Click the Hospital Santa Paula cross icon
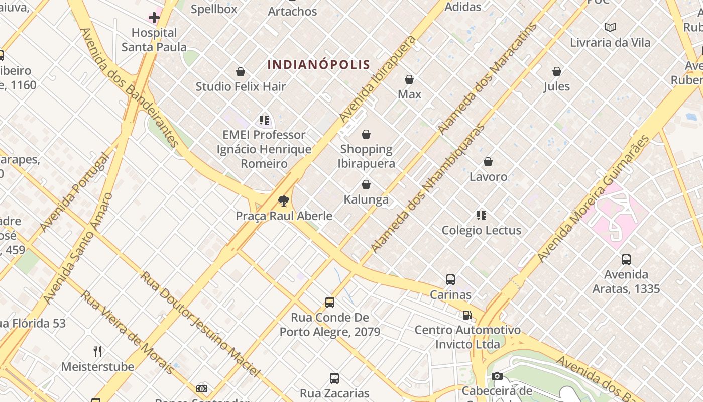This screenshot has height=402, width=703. tap(154, 18)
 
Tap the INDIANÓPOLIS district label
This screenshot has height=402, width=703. tap(319, 65)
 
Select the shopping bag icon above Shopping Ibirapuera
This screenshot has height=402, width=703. tap(366, 134)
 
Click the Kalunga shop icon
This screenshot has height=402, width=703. tap(366, 184)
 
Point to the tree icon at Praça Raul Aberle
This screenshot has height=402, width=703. tap(284, 201)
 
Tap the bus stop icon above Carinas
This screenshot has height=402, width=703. tap(450, 279)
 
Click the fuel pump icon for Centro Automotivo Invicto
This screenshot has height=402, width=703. tap(467, 315)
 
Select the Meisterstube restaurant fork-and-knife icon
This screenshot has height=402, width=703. tap(98, 351)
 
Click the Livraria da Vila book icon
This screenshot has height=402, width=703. tap(610, 27)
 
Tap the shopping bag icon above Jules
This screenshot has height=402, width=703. tap(557, 71)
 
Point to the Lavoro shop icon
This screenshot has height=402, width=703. tap(488, 162)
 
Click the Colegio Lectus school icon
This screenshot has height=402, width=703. tap(482, 216)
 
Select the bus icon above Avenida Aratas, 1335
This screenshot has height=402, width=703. tap(626, 259)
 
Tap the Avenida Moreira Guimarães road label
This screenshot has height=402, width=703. tap(593, 198)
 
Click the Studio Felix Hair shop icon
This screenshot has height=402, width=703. tap(241, 72)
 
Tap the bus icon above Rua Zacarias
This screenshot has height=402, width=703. tap(334, 378)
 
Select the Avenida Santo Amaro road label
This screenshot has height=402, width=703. tap(78, 249)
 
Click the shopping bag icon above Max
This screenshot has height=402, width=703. tap(409, 79)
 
